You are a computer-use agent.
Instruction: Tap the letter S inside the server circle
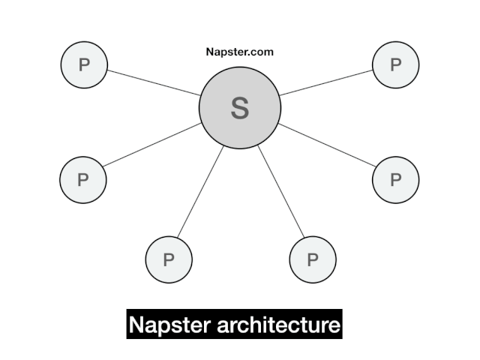pyautogui.click(x=240, y=109)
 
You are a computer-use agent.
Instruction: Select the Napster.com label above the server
pyautogui.click(x=239, y=52)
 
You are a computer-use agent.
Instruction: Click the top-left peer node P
pyautogui.click(x=84, y=64)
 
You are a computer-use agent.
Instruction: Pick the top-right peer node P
pyautogui.click(x=395, y=64)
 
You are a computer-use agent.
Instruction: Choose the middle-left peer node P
pyautogui.click(x=83, y=179)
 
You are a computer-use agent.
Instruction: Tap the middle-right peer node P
pyautogui.click(x=395, y=179)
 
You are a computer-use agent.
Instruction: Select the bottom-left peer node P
pyautogui.click(x=169, y=259)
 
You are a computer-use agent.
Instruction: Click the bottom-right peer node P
pyautogui.click(x=313, y=259)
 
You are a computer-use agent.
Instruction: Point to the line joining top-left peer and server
pyautogui.click(x=154, y=82)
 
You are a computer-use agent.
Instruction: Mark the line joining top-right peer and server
pyautogui.click(x=327, y=82)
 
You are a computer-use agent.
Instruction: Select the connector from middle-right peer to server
pyautogui.click(x=326, y=145)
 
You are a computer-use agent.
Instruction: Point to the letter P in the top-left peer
pyautogui.click(x=84, y=64)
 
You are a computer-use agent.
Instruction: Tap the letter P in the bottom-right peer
pyautogui.click(x=313, y=260)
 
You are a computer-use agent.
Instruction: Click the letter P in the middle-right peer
pyautogui.click(x=395, y=179)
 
